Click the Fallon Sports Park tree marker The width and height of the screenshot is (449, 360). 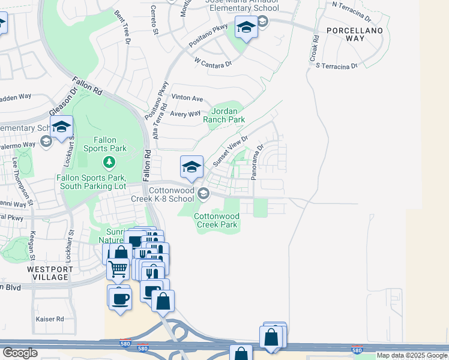click(x=109, y=161)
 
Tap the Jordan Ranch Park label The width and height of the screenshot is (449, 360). click(x=228, y=115)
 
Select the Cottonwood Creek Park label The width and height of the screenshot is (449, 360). click(x=217, y=220)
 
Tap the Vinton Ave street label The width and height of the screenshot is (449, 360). click(x=187, y=98)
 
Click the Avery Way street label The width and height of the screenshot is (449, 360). click(x=185, y=114)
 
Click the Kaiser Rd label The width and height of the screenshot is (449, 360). click(x=50, y=319)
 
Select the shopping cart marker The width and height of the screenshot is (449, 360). click(x=118, y=269)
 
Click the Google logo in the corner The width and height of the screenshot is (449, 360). click(x=20, y=353)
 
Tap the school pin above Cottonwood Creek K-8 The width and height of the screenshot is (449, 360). click(x=191, y=167)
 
